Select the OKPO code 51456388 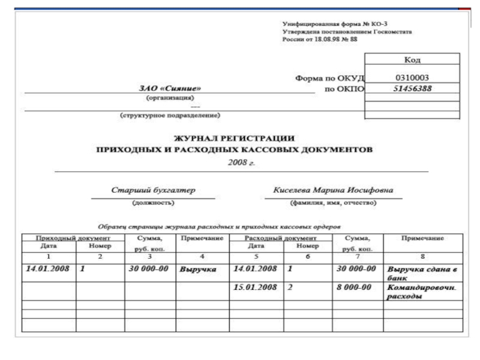[x=412, y=89]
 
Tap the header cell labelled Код [x=412, y=60]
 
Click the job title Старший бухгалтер [x=154, y=191]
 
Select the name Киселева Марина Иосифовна [x=333, y=191]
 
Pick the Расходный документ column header [x=281, y=239]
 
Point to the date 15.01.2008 [x=255, y=287]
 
